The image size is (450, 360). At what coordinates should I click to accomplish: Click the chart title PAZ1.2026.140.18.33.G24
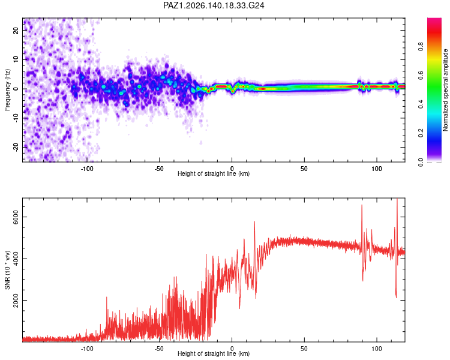click(214, 5)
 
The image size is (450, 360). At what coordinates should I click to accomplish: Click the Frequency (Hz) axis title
click(7, 90)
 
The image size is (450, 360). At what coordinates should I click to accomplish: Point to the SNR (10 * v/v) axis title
click(7, 270)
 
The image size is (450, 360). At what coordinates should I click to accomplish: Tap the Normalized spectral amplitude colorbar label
click(445, 90)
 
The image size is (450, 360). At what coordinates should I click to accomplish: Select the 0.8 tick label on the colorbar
click(421, 46)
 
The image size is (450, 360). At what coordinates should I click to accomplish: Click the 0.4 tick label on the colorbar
click(421, 104)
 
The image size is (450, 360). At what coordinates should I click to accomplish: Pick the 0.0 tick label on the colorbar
click(421, 162)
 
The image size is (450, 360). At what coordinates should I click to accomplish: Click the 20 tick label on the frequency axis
click(16, 30)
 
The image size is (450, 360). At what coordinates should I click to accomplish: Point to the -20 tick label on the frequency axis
click(16, 148)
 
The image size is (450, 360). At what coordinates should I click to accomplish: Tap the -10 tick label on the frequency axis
click(16, 118)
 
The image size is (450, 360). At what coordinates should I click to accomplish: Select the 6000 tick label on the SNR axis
click(16, 217)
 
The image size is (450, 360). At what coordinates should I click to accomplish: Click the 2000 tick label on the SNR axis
click(16, 300)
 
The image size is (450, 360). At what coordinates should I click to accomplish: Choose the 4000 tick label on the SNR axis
click(16, 259)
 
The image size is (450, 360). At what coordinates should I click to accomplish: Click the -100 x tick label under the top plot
click(86, 169)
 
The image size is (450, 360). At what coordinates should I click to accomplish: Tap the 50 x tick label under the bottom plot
click(304, 349)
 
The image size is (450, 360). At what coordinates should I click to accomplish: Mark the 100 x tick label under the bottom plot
click(377, 349)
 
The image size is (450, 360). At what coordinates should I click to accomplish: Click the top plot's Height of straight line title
click(214, 173)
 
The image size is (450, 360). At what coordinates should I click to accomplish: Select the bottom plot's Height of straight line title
click(214, 353)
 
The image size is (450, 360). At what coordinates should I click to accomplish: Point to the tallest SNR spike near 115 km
click(397, 199)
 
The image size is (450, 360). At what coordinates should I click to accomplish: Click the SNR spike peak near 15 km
click(254, 221)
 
